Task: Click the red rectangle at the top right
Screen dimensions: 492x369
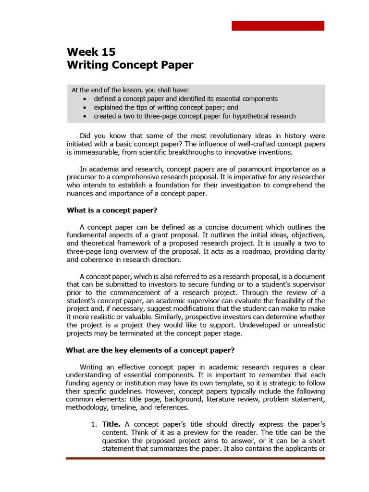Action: coord(278,26)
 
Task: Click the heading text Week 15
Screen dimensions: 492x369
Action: coord(91,52)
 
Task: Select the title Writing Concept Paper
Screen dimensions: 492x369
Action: coord(130,65)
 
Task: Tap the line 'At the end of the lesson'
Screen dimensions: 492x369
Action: coord(130,90)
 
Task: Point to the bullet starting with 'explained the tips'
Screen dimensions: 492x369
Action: coord(166,108)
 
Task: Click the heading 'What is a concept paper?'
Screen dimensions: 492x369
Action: coord(111,210)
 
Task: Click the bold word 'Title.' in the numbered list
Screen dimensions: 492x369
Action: coord(111,424)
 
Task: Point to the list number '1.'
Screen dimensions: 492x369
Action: coord(95,424)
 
